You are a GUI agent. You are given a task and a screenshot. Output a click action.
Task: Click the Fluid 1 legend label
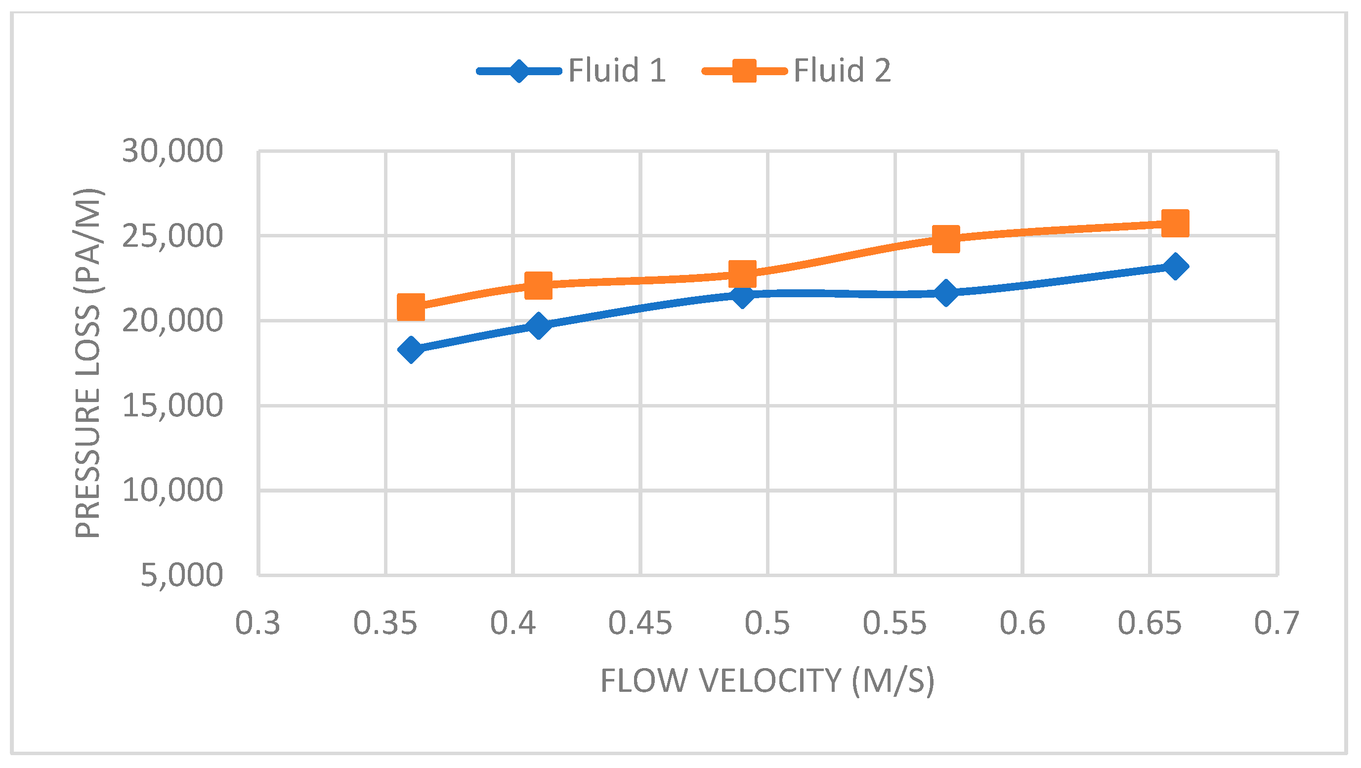[617, 70]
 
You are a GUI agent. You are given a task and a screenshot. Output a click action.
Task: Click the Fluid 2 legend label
[842, 70]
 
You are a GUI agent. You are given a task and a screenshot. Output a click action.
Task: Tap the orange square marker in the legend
[744, 71]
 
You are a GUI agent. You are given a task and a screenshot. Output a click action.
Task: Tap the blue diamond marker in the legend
[519, 71]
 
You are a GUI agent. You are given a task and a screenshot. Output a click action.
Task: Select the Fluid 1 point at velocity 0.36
[411, 349]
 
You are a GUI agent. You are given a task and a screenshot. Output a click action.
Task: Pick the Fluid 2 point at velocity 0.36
[411, 307]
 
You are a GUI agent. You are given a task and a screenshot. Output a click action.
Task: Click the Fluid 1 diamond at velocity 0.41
[538, 324]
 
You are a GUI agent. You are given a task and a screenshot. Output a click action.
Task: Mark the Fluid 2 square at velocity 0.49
[742, 273]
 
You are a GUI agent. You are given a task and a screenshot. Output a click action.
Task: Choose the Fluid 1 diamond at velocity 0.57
[946, 292]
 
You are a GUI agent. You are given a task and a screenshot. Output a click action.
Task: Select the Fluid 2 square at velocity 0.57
[946, 239]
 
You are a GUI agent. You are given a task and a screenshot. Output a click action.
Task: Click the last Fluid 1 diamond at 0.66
[1175, 267]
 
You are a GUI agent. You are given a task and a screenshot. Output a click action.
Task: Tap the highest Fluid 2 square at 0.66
[1175, 223]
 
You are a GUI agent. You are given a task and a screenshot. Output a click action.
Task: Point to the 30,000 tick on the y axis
[172, 151]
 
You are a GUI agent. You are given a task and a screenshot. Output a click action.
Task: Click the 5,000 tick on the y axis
[181, 575]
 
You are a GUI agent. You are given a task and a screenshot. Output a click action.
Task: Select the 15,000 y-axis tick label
[172, 406]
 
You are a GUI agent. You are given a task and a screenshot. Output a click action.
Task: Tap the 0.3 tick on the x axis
[257, 623]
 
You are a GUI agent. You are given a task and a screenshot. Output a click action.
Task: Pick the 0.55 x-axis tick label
[894, 623]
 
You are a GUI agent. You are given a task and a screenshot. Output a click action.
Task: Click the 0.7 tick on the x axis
[1276, 623]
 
